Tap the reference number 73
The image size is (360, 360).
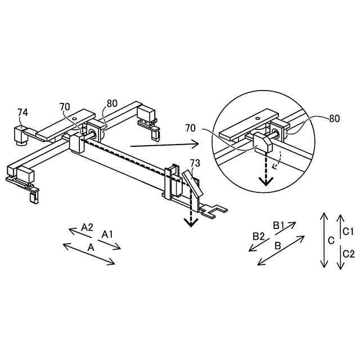pyautogui.click(x=195, y=164)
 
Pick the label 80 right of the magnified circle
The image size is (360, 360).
pyautogui.click(x=334, y=119)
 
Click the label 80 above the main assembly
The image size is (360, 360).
pyautogui.click(x=112, y=103)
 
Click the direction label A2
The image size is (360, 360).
pyautogui.click(x=87, y=227)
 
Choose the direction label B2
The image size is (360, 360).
pyautogui.click(x=258, y=236)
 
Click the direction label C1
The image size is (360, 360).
pyautogui.click(x=348, y=231)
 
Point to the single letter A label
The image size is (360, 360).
pyautogui.click(x=91, y=247)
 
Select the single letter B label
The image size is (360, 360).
pyautogui.click(x=277, y=246)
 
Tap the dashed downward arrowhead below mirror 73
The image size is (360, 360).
pyautogui.click(x=191, y=222)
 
